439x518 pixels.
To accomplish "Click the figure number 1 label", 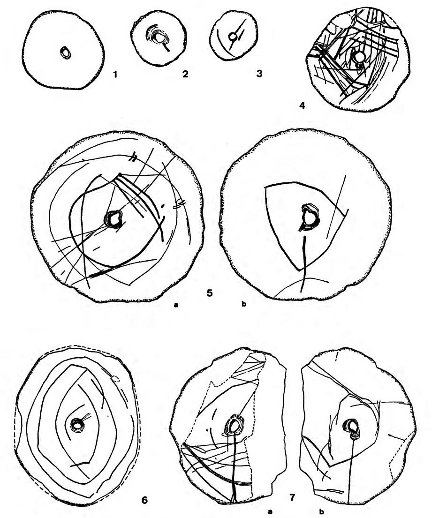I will click(109, 73).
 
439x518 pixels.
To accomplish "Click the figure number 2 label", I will click(185, 73).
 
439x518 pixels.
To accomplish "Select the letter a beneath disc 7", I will click(271, 513).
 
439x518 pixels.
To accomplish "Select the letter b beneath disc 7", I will click(321, 513).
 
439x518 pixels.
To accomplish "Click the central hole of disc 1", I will click(66, 53).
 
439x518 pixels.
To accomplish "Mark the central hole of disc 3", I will click(232, 36).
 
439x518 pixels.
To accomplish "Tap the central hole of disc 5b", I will click(310, 217).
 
